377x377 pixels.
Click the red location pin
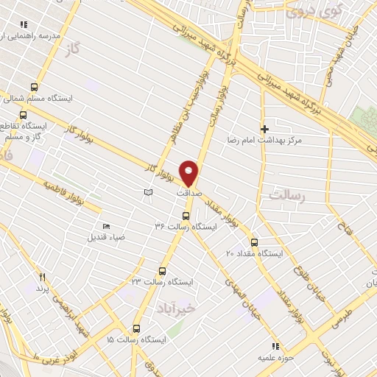189,172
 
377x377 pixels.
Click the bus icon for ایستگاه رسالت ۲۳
163,271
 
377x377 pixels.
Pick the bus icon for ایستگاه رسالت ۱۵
136,329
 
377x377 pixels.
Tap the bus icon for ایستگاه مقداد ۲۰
254,242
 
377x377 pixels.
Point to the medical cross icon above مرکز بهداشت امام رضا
265,129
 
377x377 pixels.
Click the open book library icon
148,191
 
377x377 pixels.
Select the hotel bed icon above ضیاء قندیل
106,226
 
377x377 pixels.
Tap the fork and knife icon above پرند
42,277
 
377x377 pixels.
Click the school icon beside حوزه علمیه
275,345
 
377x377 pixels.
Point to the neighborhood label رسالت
287,197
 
